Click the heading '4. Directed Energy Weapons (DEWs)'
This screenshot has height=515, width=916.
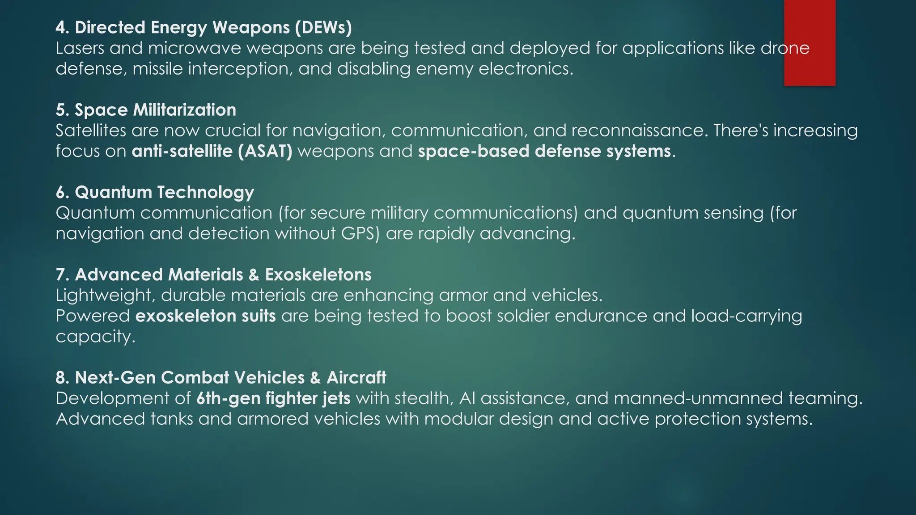(204, 28)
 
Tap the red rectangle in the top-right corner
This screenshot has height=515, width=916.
(810, 42)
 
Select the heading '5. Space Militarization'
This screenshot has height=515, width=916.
(146, 110)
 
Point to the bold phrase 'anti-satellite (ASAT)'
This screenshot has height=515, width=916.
(212, 151)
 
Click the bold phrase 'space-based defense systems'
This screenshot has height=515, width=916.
(544, 151)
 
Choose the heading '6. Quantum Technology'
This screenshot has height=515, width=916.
(155, 192)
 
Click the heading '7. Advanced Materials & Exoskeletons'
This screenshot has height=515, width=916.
(213, 274)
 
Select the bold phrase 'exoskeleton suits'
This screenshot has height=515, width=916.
(206, 316)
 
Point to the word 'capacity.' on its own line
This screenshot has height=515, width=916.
(95, 337)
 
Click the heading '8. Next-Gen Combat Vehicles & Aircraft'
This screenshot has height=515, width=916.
(221, 378)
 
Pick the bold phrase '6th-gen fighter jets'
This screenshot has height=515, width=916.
(273, 398)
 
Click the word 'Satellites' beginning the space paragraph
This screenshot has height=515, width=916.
(91, 131)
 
